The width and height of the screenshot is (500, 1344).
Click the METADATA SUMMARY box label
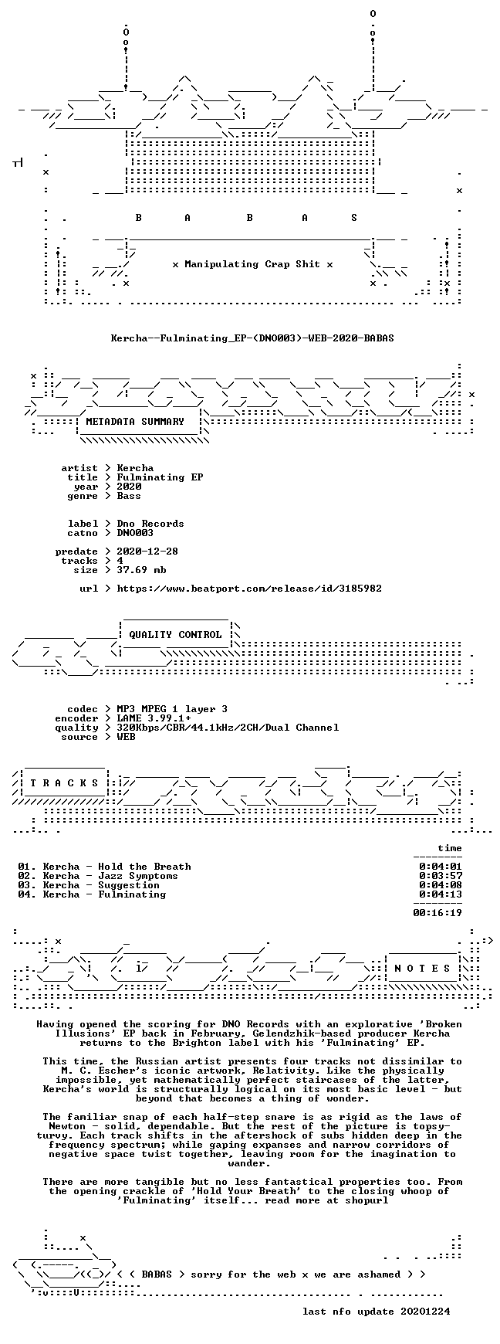click(x=135, y=422)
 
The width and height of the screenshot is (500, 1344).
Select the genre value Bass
click(x=129, y=496)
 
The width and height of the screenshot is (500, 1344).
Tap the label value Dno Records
click(x=150, y=524)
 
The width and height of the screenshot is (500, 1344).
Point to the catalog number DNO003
click(x=135, y=533)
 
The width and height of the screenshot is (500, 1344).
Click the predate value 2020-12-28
click(x=147, y=552)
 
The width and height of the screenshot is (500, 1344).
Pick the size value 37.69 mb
click(x=141, y=570)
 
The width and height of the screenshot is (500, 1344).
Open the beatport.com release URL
click(x=249, y=589)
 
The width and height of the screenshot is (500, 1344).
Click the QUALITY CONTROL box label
click(x=175, y=635)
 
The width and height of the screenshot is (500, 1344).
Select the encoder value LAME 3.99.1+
click(x=154, y=718)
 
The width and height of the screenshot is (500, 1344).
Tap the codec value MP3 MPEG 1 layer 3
click(x=172, y=709)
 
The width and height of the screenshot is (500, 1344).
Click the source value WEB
click(x=126, y=737)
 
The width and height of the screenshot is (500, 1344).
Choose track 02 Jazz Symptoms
click(x=98, y=876)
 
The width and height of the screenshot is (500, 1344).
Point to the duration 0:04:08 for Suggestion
click(x=441, y=885)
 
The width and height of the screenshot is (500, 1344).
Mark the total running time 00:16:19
click(x=437, y=913)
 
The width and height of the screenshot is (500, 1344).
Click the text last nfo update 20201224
click(x=376, y=1312)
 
